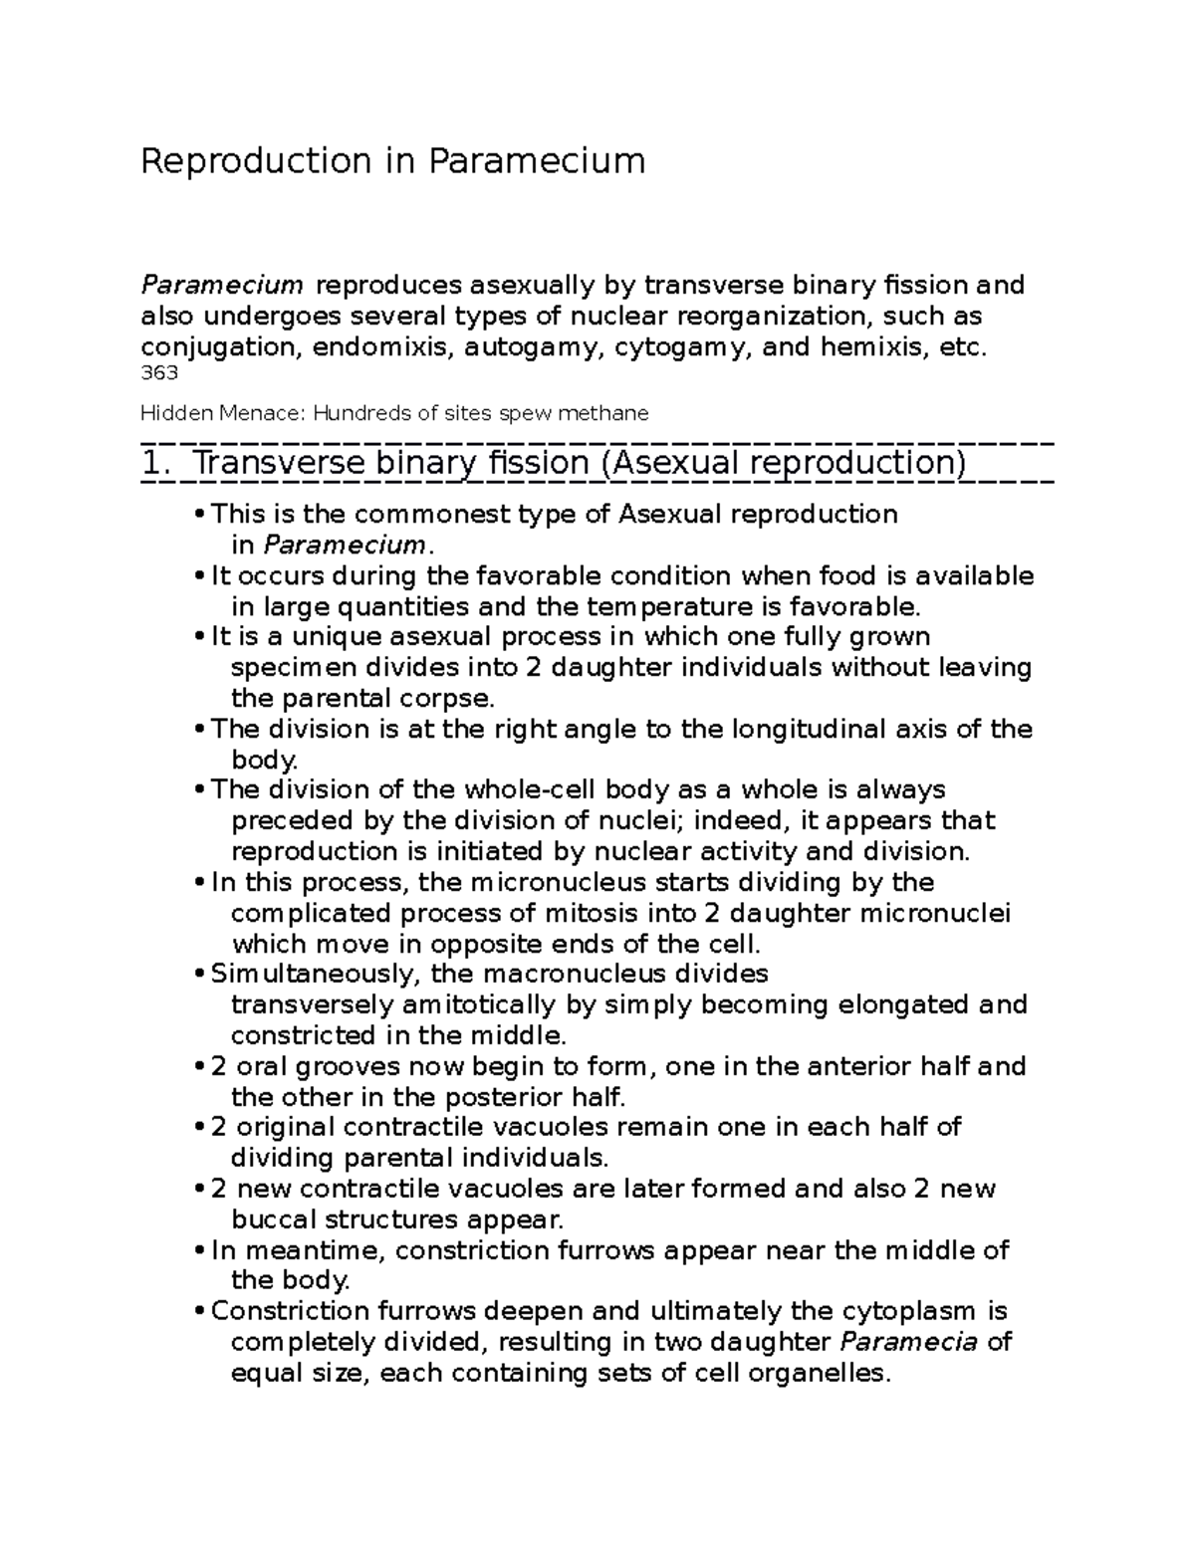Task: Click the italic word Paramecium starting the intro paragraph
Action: click(221, 286)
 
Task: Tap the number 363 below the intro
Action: click(159, 373)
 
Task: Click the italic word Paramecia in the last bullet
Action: click(909, 1342)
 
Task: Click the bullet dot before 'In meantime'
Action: click(201, 1252)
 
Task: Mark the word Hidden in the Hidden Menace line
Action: click(170, 413)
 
